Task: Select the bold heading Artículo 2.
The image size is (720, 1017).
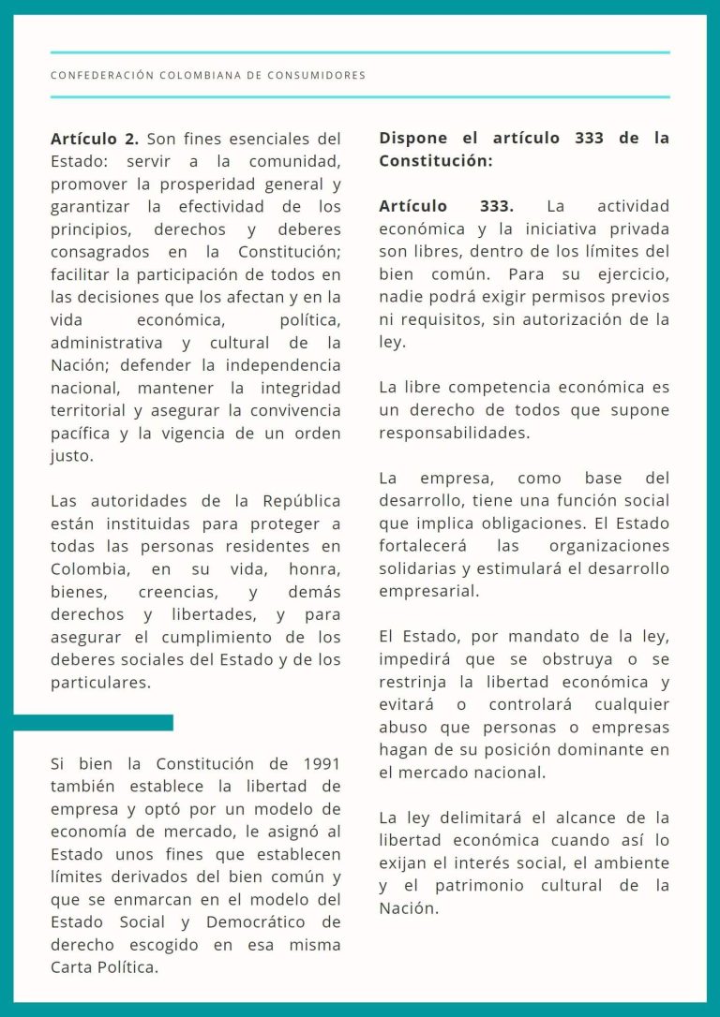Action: pos(94,139)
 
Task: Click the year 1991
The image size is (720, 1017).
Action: pos(322,764)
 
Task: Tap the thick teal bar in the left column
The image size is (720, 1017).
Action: pos(94,722)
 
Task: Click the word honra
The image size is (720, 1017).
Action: pos(314,569)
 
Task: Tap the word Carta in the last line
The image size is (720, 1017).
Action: pos(75,967)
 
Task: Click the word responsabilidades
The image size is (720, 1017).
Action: pos(453,433)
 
